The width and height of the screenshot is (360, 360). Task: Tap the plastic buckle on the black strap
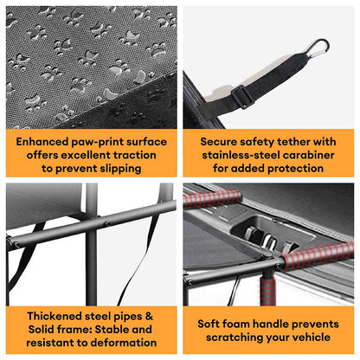click(242, 97)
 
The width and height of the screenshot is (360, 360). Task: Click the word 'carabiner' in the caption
click(309, 155)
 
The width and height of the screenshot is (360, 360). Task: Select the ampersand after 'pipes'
click(150, 316)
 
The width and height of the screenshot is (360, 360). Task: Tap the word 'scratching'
click(235, 337)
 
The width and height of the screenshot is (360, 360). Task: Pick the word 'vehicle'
click(312, 337)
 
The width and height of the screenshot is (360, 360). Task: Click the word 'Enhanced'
click(42, 142)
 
